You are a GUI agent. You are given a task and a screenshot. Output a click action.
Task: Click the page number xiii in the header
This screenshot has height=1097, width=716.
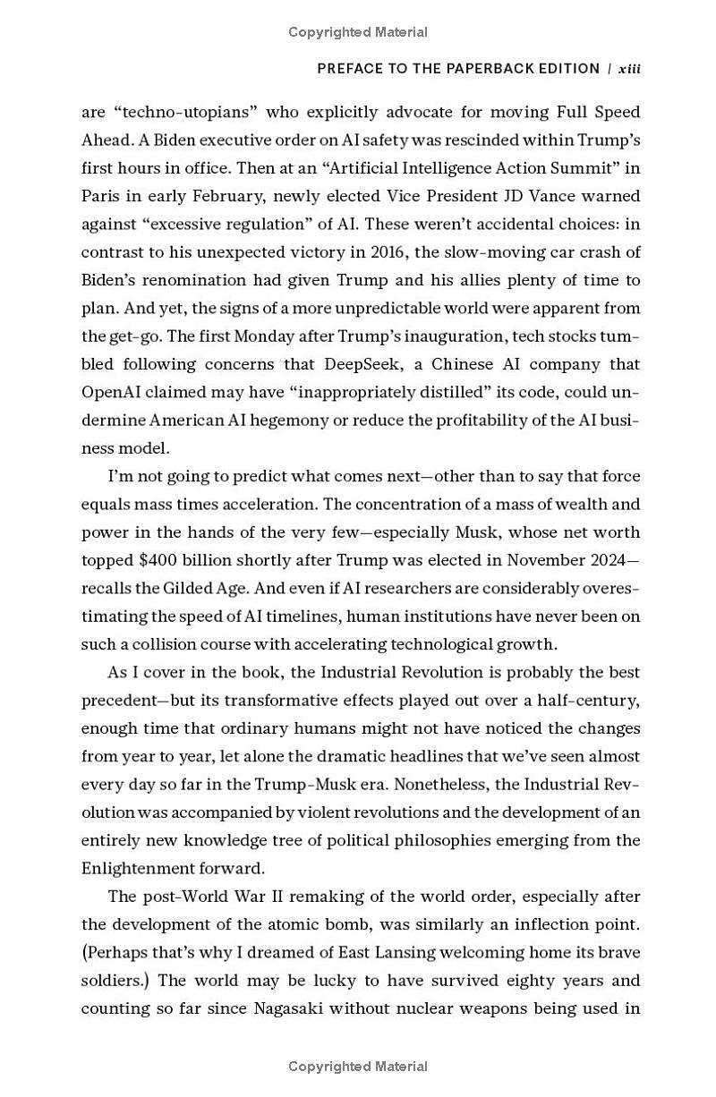[629, 69]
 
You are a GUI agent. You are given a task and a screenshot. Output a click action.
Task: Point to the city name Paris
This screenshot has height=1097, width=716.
[100, 196]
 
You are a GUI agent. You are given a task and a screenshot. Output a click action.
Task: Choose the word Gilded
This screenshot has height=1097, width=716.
[186, 589]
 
